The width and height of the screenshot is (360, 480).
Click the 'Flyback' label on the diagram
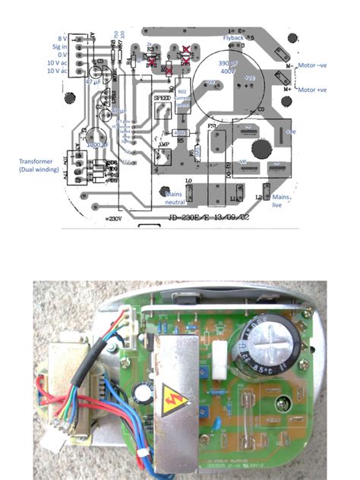[x=233, y=37]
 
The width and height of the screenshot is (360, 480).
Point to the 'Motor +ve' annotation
[x=318, y=90]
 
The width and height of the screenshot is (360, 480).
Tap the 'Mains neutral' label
[x=177, y=198]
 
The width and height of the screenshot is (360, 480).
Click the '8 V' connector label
[x=62, y=38]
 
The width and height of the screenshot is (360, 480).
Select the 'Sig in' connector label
[x=60, y=46]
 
